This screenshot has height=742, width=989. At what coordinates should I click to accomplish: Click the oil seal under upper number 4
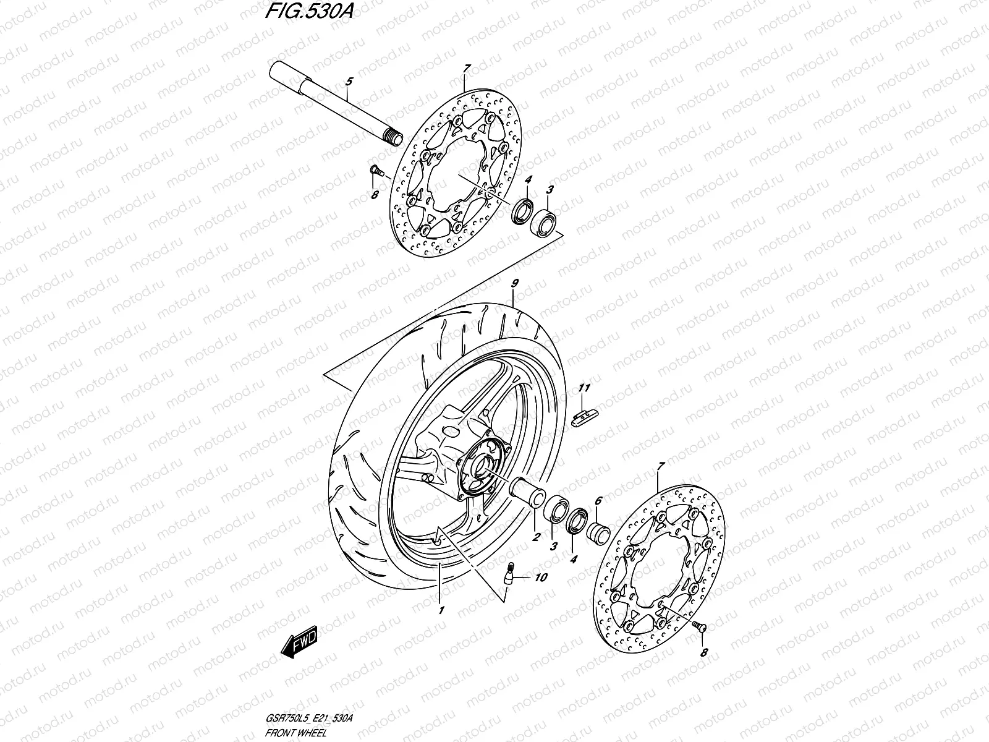(522, 210)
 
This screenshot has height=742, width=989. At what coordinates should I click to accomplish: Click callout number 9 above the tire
(514, 284)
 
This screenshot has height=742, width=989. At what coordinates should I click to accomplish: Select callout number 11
(585, 388)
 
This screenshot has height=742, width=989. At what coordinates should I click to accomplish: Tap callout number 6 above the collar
(598, 503)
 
